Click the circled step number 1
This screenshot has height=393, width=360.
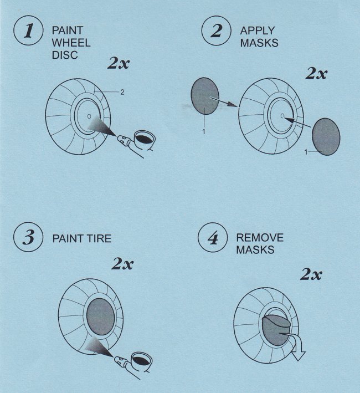(28, 30)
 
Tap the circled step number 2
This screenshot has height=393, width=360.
(217, 30)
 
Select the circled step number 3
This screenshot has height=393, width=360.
(28, 237)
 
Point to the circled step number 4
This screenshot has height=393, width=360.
(213, 237)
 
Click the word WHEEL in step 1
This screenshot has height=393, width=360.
(71, 43)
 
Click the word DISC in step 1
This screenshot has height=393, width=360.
(65, 55)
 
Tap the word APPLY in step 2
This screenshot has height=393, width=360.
(258, 30)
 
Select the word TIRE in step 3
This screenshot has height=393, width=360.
(99, 238)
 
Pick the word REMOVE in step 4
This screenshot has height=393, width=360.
(260, 237)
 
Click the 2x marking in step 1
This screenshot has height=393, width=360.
(119, 63)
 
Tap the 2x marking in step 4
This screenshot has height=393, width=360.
(311, 274)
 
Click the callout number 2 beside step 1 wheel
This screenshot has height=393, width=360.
(122, 92)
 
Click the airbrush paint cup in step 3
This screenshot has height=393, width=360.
(142, 360)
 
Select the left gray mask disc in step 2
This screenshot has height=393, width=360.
(205, 96)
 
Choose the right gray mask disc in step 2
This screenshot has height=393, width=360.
(326, 136)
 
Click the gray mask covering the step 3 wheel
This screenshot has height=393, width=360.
(101, 317)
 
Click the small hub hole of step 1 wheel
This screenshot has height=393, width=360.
(89, 116)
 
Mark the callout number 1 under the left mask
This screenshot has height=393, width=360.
(204, 131)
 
